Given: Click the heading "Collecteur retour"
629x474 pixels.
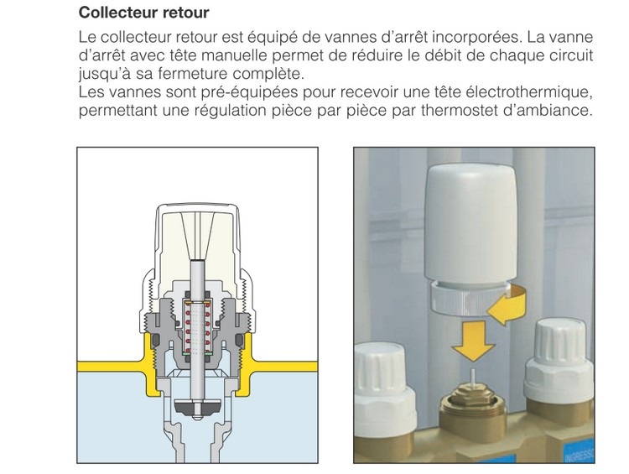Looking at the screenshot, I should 143,14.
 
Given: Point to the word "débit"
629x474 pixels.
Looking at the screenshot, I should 444,55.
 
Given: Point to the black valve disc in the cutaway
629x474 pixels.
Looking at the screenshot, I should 198,409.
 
